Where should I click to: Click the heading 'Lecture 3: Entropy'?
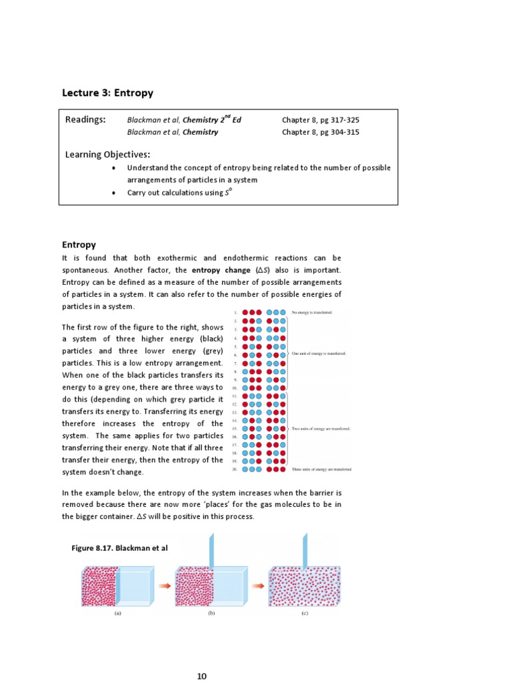click(x=107, y=93)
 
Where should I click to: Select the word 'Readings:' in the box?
click(x=85, y=119)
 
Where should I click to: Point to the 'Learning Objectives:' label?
click(x=107, y=155)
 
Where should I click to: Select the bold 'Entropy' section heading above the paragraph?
click(x=79, y=245)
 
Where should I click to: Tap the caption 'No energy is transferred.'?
click(x=312, y=312)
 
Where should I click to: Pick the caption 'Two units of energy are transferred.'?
click(x=321, y=428)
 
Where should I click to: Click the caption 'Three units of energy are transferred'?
click(x=321, y=469)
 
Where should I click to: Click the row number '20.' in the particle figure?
click(x=235, y=469)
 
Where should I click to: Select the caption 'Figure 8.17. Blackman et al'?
click(x=119, y=548)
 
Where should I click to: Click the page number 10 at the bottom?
click(x=201, y=676)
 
